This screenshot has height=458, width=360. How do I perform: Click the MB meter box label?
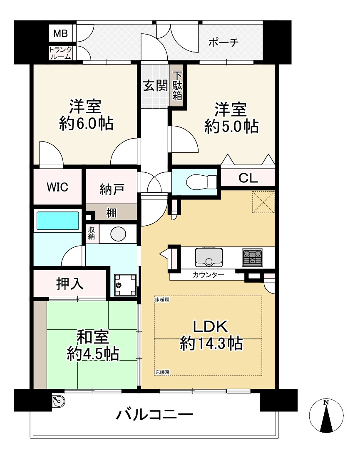tap(60, 34)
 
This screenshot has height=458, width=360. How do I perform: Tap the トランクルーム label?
tap(60, 53)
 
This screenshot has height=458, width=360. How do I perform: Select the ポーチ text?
tap(223, 42)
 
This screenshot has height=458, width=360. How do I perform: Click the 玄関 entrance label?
tap(155, 86)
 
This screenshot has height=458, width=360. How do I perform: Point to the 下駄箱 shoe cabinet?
tap(177, 86)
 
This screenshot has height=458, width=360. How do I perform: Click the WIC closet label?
tap(57, 187)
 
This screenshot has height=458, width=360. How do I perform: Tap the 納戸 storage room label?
tap(112, 189)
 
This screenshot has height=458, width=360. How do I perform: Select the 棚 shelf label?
tap(111, 213)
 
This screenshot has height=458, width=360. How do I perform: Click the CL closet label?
tap(248, 178)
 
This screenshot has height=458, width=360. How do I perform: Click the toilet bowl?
tap(201, 182)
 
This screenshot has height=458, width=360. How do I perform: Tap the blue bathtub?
tap(58, 221)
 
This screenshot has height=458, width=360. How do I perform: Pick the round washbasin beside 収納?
tap(118, 234)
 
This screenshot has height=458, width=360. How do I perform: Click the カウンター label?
tap(208, 274)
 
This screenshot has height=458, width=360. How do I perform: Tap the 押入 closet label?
tap(70, 283)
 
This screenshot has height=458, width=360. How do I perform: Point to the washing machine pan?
tap(125, 285)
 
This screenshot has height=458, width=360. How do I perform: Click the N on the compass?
tap(326, 403)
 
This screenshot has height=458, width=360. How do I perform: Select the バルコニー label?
tap(155, 414)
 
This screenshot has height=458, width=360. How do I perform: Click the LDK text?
tap(211, 326)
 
